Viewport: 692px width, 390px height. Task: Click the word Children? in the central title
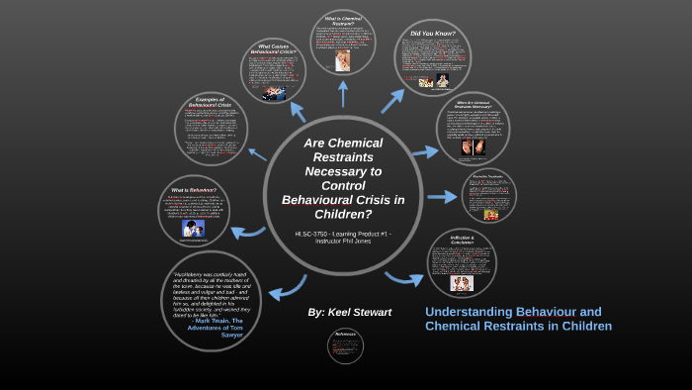pos(344,213)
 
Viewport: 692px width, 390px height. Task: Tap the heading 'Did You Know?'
pos(433,35)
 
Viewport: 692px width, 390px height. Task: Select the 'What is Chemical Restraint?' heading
pos(343,21)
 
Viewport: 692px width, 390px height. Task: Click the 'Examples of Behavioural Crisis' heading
pos(212,103)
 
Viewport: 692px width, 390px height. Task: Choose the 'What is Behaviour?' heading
pos(195,189)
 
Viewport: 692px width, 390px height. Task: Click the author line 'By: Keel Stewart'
pos(349,312)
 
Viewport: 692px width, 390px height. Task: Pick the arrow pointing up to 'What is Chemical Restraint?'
pos(343,93)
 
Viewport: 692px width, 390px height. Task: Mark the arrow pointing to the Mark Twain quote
pos(286,288)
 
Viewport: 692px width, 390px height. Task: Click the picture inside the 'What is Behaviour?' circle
pos(195,229)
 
